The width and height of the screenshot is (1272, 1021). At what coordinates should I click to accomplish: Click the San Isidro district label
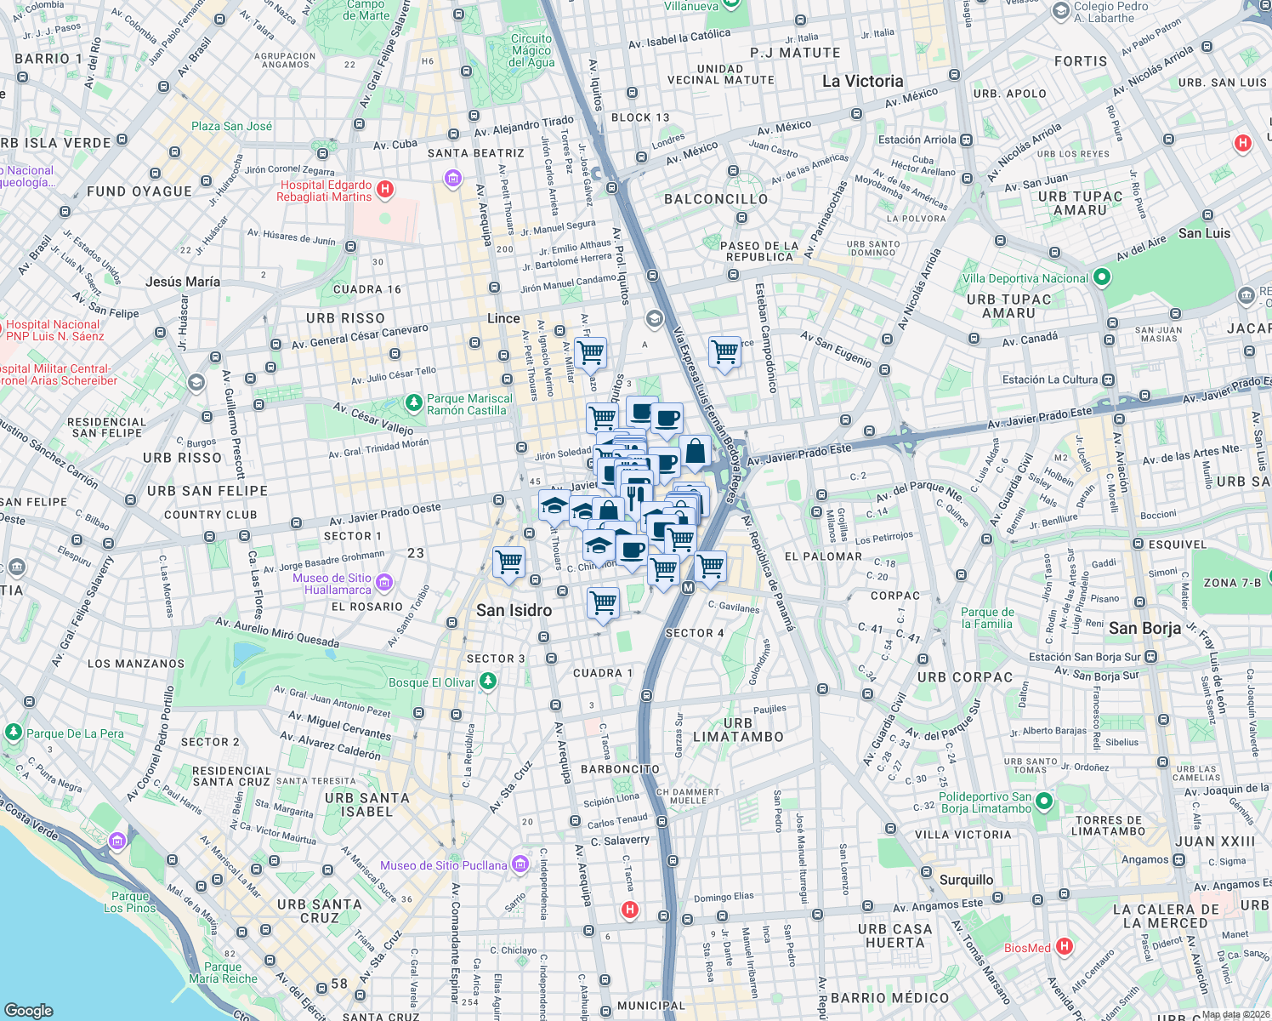click(514, 610)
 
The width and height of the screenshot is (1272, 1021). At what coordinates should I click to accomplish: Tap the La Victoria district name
click(862, 81)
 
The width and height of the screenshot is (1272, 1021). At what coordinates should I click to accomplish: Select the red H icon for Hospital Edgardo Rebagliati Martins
click(385, 189)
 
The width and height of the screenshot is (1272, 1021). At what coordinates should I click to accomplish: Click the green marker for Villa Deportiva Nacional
click(1102, 277)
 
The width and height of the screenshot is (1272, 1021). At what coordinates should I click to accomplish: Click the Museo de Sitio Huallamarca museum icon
click(384, 583)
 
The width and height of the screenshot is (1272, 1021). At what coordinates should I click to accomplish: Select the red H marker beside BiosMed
click(1064, 946)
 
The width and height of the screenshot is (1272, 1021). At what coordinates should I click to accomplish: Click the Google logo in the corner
click(29, 1010)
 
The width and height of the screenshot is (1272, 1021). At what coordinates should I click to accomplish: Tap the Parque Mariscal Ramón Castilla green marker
click(414, 402)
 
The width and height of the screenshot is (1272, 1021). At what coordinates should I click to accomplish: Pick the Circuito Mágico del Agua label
click(531, 50)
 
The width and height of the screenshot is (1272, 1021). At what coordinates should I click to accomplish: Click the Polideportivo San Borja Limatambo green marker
click(1044, 801)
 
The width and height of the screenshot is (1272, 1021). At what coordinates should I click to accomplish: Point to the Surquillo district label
click(966, 880)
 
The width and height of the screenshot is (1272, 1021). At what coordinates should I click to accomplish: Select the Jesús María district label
click(182, 282)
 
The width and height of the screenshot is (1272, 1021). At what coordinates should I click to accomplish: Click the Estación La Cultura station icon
click(1108, 379)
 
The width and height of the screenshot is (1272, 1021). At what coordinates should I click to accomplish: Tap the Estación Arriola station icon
click(967, 140)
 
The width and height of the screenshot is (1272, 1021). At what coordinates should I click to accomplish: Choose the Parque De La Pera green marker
click(14, 732)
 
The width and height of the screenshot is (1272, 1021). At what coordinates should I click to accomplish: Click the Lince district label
click(503, 318)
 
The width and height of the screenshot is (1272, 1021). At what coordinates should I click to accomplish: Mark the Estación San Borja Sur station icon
click(1150, 656)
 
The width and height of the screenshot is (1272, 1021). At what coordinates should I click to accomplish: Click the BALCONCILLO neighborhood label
click(715, 199)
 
